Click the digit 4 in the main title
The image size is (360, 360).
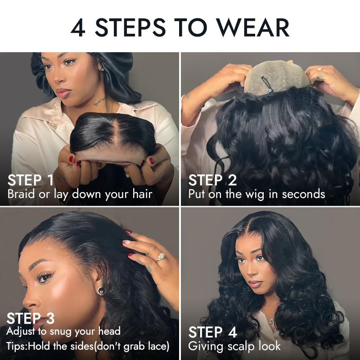pyautogui.click(x=78, y=27)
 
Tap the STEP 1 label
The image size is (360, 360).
pyautogui.click(x=31, y=180)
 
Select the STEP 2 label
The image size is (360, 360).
pyautogui.click(x=212, y=180)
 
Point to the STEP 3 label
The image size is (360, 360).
pyautogui.click(x=31, y=318)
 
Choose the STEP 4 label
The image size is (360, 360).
pyautogui.click(x=212, y=332)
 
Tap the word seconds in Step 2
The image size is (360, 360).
pyautogui.click(x=303, y=194)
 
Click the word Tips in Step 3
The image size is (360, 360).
pyautogui.click(x=16, y=346)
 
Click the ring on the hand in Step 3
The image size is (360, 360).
pyautogui.click(x=161, y=257)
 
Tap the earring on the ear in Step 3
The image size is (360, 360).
pyautogui.click(x=101, y=291)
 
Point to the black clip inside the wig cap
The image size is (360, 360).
pyautogui.click(x=266, y=84)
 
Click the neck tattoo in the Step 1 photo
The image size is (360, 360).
pyautogui.click(x=99, y=101)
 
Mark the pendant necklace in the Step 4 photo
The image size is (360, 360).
pyautogui.click(x=272, y=323)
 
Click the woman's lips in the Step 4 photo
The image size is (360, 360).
pyautogui.click(x=256, y=284)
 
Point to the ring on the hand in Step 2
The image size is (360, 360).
pyautogui.click(x=320, y=70)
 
